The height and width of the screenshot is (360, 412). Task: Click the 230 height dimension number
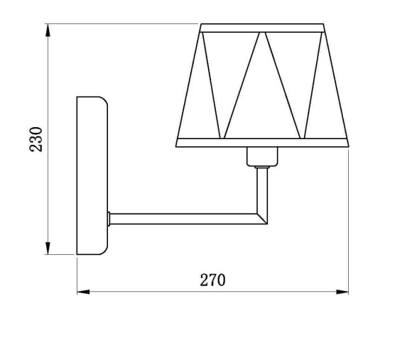click(36, 140)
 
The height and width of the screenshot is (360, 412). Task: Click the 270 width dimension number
click(212, 280)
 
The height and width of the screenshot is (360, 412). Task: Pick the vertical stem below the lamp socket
click(261, 187)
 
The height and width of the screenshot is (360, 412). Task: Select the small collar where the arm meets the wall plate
click(109, 219)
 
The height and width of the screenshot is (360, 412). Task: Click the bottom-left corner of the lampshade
click(177, 144)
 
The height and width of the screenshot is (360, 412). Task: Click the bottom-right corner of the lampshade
click(349, 144)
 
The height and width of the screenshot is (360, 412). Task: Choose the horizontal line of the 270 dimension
click(142, 291)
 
